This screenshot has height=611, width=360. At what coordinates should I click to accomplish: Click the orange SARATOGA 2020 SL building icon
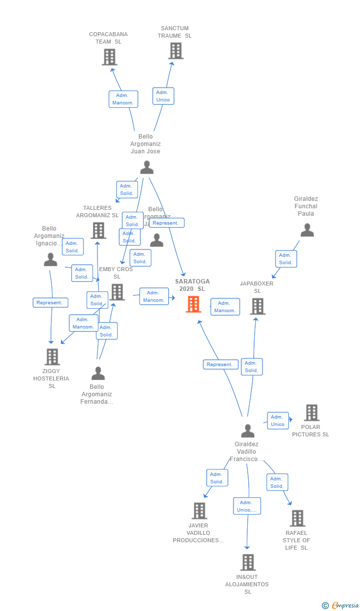(x=193, y=304)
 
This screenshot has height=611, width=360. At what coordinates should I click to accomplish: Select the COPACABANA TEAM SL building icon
(x=109, y=57)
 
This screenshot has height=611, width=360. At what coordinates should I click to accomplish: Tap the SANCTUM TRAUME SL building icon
(x=176, y=50)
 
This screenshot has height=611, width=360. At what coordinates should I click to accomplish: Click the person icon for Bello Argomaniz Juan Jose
(x=146, y=168)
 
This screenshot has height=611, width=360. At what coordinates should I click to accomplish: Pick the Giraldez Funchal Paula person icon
(x=307, y=230)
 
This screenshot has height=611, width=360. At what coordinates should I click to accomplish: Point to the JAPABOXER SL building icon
(x=257, y=306)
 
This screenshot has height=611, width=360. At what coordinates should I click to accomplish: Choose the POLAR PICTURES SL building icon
(x=312, y=413)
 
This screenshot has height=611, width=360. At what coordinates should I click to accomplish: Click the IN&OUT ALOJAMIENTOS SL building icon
(x=248, y=563)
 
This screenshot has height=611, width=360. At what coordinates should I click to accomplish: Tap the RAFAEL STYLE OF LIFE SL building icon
(x=297, y=518)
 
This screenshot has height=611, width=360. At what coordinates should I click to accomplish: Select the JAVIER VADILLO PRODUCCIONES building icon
(x=199, y=511)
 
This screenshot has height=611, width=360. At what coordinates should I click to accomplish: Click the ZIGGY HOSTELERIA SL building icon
(x=52, y=356)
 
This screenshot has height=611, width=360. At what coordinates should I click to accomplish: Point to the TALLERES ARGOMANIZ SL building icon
(x=98, y=230)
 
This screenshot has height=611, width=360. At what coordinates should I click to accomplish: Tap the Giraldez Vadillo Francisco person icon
(x=247, y=430)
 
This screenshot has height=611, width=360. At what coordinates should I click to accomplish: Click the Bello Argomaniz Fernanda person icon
(x=98, y=373)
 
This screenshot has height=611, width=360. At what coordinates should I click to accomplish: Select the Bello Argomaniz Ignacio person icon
(x=50, y=259)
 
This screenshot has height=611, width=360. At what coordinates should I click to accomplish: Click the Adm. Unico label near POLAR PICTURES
(x=277, y=421)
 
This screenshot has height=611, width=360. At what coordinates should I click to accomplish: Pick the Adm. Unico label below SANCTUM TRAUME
(x=163, y=96)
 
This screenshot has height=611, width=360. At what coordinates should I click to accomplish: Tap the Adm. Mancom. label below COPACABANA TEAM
(x=123, y=99)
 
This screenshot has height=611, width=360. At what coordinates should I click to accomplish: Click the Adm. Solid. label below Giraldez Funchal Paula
(x=286, y=259)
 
